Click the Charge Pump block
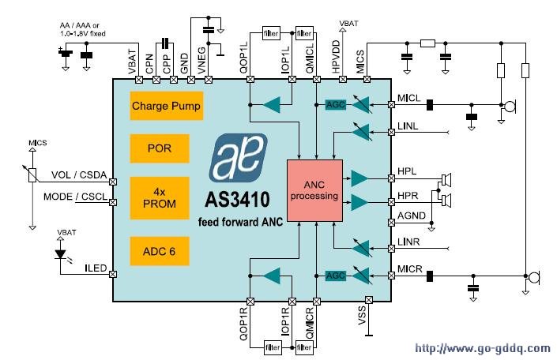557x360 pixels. [166, 105]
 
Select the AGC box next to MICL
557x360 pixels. [335, 104]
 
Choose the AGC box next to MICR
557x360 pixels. [335, 276]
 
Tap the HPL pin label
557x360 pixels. [407, 171]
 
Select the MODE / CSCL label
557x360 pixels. [76, 197]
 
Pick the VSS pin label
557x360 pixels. [362, 315]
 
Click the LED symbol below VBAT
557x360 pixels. [62, 256]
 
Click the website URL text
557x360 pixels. [482, 348]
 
